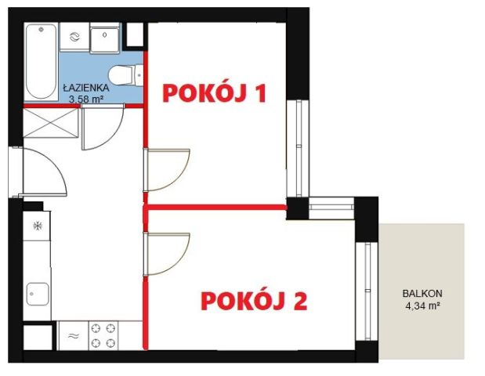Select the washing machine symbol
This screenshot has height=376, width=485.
click(74, 37)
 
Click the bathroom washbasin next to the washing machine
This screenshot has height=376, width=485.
click(103, 37)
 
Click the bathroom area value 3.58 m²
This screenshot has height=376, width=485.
click(86, 99)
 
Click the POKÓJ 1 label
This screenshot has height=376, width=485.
click(214, 93)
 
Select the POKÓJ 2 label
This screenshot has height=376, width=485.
click(252, 300)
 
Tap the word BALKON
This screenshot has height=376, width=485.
click(418, 295)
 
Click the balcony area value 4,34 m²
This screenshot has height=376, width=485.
click(419, 306)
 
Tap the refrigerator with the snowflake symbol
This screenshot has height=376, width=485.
click(37, 227)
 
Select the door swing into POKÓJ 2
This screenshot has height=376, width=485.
click(166, 253)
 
